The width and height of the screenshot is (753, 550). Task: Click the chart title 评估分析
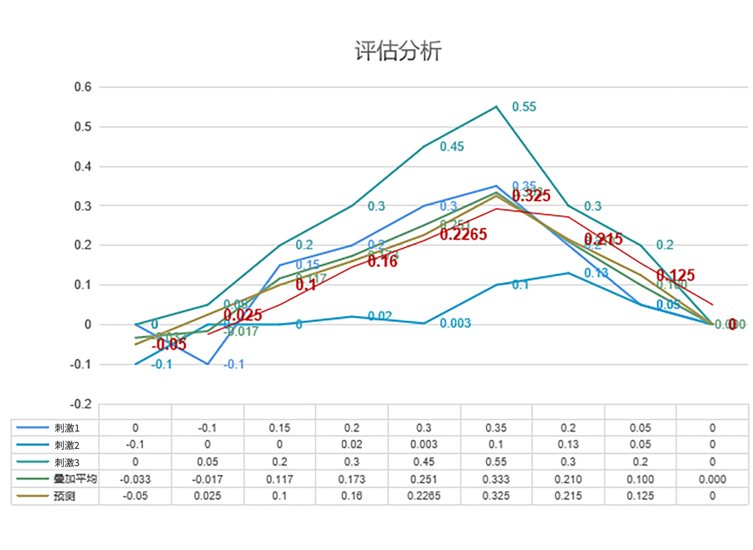398,51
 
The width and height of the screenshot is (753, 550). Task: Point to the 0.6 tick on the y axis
83,87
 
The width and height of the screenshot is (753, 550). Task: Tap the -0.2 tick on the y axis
81,404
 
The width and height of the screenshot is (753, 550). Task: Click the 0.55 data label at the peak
524,107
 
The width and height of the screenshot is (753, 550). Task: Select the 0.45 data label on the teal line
452,147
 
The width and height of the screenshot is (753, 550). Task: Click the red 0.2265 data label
463,234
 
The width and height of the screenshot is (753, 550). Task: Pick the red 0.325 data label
531,196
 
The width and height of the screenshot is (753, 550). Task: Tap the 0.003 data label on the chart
455,323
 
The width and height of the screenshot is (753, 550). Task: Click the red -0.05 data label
169,345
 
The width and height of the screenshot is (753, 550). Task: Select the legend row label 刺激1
67,428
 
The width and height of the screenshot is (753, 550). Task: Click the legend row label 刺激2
67,445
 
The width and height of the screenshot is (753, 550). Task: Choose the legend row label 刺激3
67,462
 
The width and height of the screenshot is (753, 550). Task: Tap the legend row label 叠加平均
75,479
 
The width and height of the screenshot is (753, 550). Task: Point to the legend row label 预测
64,496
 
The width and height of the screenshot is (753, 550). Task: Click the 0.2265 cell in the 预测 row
424,496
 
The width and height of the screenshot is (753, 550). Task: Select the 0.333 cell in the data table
496,479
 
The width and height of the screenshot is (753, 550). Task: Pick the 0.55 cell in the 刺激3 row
496,462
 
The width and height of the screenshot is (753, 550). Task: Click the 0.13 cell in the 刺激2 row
568,445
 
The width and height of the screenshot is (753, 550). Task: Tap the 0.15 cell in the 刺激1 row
279,428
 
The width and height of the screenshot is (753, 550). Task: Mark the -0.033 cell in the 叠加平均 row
135,479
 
